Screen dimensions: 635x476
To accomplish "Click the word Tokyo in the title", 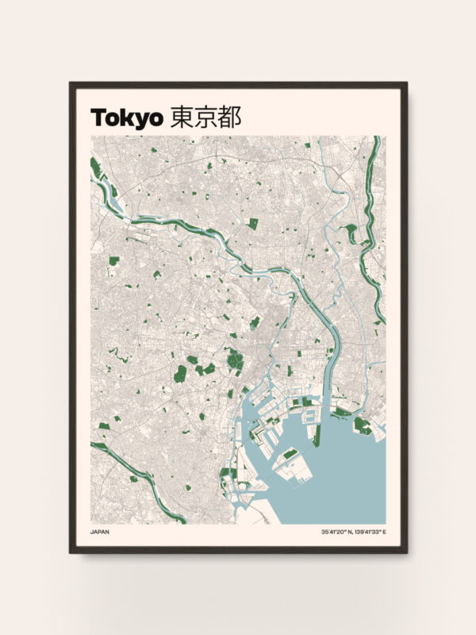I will click(x=126, y=117).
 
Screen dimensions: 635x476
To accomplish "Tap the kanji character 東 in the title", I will click(x=182, y=117).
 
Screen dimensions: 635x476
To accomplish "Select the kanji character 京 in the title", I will click(x=205, y=117).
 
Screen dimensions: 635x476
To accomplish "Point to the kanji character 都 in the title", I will click(x=229, y=117).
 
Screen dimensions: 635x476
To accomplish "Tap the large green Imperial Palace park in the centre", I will click(x=235, y=361).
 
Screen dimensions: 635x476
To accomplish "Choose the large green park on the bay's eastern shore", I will click(x=363, y=425).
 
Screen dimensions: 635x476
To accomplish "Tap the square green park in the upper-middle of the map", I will click(x=253, y=224).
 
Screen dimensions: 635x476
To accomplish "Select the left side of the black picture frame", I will click(x=72, y=317).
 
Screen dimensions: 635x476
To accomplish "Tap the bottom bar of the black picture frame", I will click(x=238, y=549).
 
